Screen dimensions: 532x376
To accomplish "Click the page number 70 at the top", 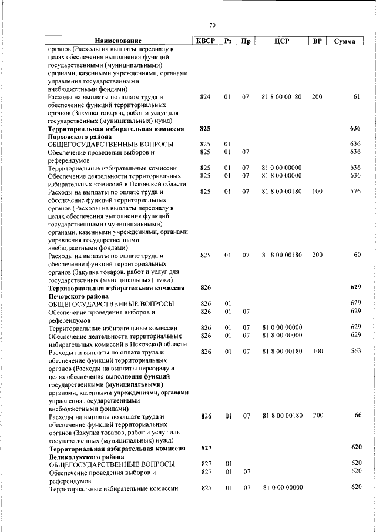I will pyautogui.click(x=212, y=25).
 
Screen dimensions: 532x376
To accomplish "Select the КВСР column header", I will pyautogui.click(x=205, y=41).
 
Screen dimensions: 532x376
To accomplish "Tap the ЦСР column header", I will pyautogui.click(x=281, y=41).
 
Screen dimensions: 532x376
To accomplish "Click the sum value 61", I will pyautogui.click(x=356, y=96).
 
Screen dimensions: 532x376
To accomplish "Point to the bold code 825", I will pyautogui.click(x=205, y=128).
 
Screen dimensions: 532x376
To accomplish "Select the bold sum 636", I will pyautogui.click(x=354, y=128).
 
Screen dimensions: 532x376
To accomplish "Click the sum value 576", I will pyautogui.click(x=355, y=192).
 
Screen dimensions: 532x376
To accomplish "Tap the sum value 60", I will pyautogui.click(x=356, y=255).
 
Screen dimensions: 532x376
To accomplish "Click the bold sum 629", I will pyautogui.click(x=354, y=287).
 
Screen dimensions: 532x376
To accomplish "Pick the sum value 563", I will pyautogui.click(x=355, y=351).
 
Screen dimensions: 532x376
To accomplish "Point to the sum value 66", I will pyautogui.click(x=356, y=416).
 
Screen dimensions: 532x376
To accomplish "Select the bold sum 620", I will pyautogui.click(x=354, y=447).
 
